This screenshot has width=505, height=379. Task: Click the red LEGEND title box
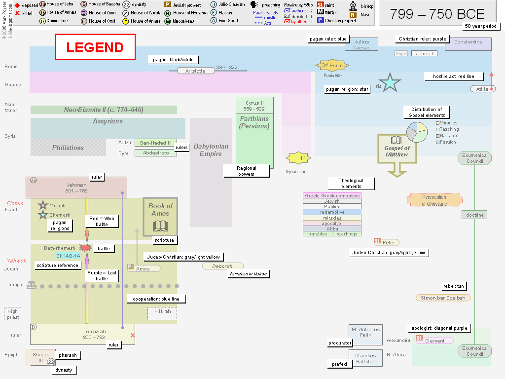point(95,47)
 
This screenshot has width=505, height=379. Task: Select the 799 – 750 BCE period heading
point(437,14)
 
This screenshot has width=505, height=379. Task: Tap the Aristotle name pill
point(195,71)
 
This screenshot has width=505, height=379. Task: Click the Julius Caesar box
point(361,44)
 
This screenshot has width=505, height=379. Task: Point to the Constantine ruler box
point(468,42)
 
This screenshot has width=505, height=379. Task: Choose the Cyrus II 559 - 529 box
point(254,106)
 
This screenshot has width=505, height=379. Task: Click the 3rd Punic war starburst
point(332,65)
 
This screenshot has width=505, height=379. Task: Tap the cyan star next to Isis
point(390,82)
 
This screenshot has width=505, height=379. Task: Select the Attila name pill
point(482,89)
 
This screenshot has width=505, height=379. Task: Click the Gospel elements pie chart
point(417,131)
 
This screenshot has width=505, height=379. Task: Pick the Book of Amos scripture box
point(160,217)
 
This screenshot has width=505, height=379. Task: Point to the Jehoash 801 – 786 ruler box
point(76,188)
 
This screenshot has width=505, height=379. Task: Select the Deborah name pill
point(222,266)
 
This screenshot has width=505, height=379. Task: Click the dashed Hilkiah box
point(162,313)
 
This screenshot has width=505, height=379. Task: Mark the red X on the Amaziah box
point(133,336)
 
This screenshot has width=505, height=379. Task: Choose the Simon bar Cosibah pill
point(443,298)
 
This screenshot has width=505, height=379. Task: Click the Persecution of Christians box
point(434,200)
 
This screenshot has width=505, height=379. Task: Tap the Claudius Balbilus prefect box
point(365,358)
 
